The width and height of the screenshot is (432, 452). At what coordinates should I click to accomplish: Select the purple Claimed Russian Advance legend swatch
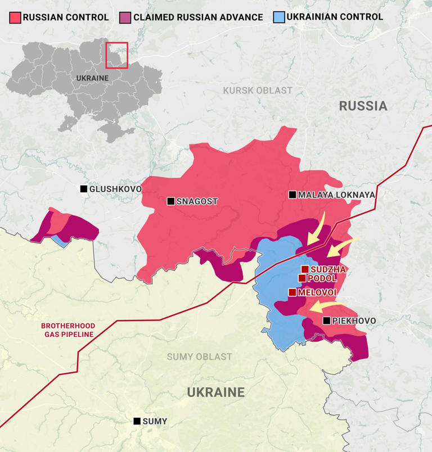click(x=125, y=17)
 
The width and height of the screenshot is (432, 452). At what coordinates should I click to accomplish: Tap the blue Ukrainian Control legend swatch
click(x=278, y=17)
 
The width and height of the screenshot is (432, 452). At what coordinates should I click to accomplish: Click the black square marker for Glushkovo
click(x=84, y=189)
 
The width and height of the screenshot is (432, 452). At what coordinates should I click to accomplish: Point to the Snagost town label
click(x=197, y=201)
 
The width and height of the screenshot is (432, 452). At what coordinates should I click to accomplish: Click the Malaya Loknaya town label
click(x=336, y=195)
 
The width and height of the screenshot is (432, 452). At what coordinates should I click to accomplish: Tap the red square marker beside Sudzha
click(x=305, y=269)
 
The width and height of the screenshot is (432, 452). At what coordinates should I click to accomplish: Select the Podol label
click(x=322, y=278)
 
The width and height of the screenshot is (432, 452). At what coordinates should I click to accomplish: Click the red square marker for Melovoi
click(x=292, y=292)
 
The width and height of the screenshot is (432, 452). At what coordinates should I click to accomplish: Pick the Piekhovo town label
click(x=354, y=321)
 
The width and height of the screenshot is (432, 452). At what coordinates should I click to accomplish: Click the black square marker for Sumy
click(x=137, y=421)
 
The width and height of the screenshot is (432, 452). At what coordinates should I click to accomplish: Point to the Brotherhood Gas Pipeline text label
click(x=67, y=330)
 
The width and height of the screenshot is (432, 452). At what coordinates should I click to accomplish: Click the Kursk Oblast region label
click(x=258, y=91)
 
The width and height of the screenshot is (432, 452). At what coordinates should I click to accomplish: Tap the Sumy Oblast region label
click(x=199, y=357)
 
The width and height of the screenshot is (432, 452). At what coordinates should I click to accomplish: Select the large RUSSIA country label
click(x=363, y=106)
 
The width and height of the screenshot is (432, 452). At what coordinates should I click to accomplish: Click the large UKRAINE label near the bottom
click(x=216, y=392)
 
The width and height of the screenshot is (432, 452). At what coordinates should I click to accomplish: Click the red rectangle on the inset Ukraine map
click(x=117, y=55)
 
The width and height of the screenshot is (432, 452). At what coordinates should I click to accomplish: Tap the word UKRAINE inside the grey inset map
click(x=92, y=78)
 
